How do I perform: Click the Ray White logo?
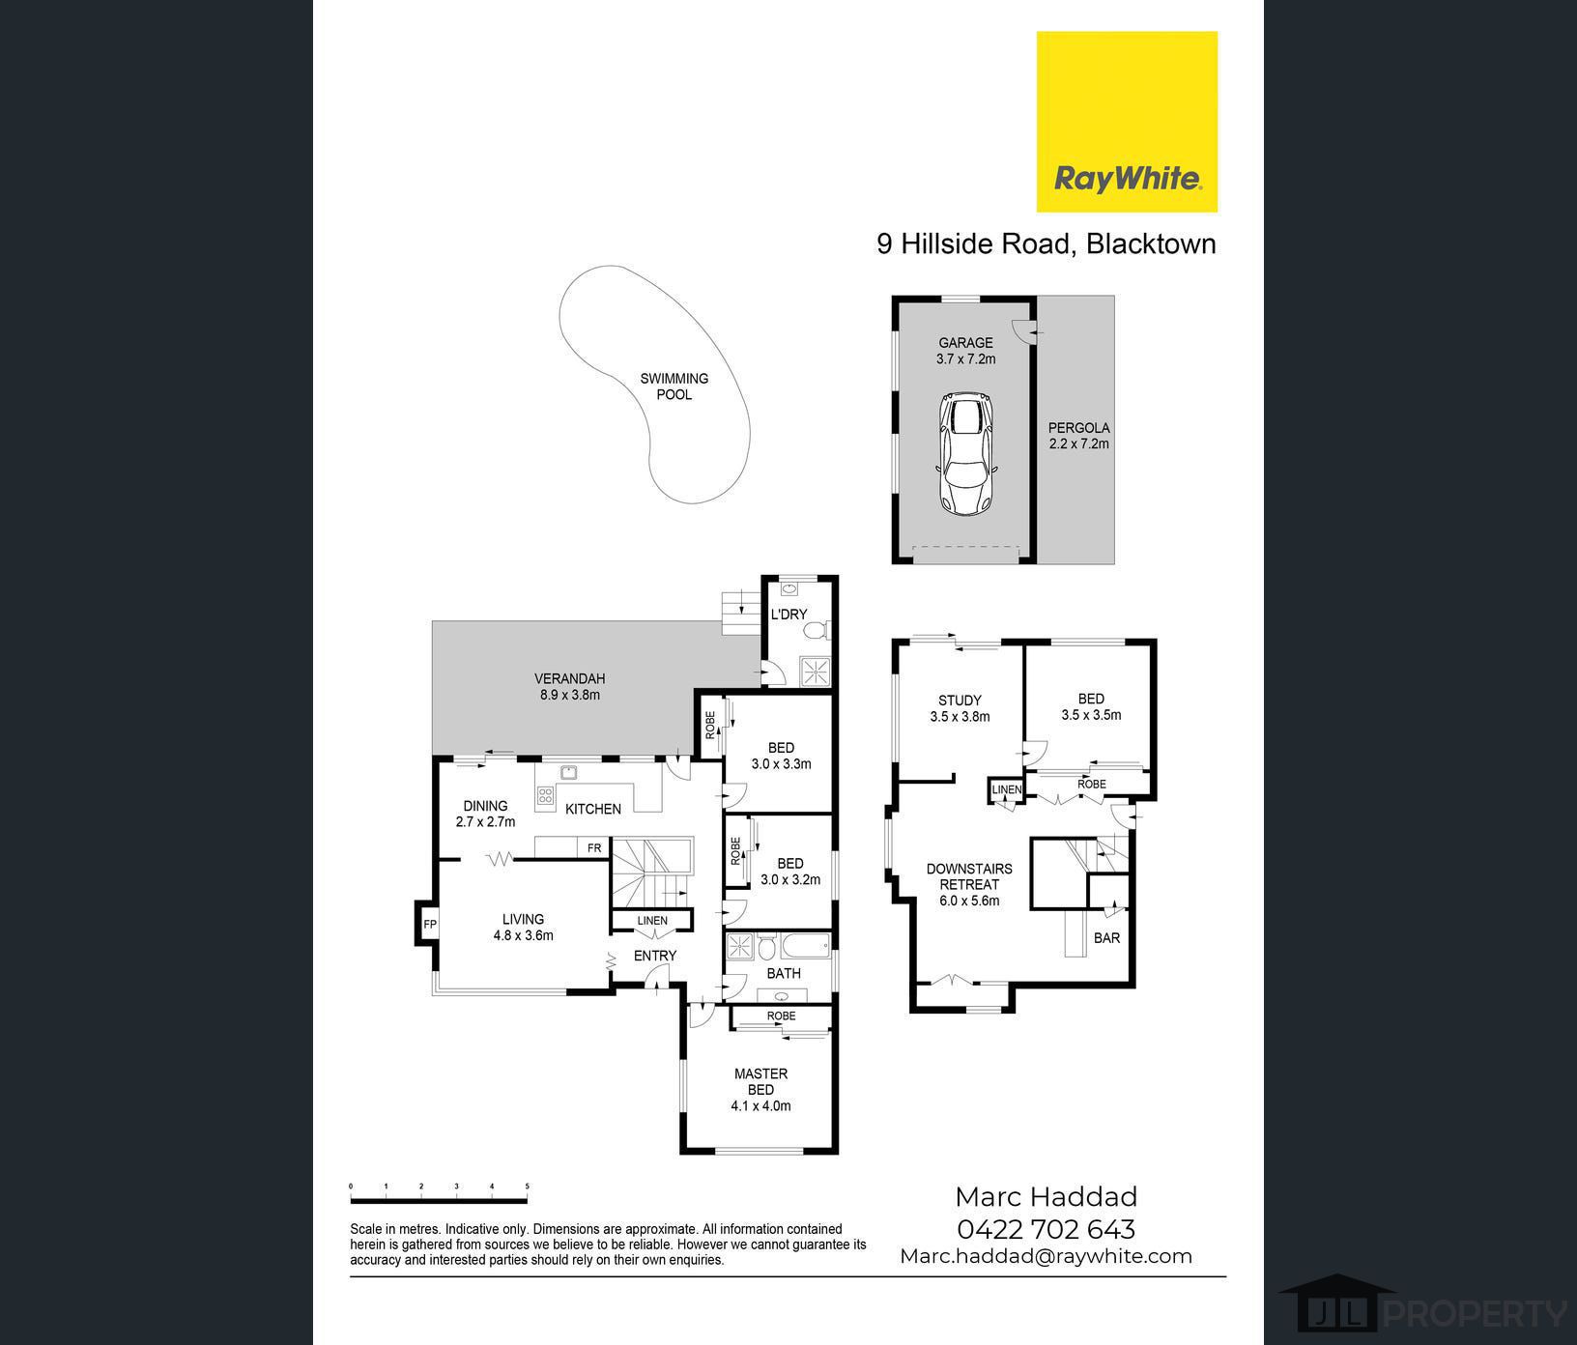coord(1127,122)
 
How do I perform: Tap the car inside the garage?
coord(966,453)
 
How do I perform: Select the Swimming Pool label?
coord(674,386)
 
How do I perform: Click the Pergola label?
coord(1079,436)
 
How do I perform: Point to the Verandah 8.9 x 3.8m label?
coord(570,687)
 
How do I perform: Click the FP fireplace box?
coord(430,925)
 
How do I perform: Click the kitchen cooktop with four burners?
coord(545,795)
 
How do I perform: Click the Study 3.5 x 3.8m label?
coord(960,708)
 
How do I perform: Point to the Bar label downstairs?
coord(1106,937)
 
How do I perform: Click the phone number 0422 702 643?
coord(1046,1229)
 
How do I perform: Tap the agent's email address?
coord(1046,1256)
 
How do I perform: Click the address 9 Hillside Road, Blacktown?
coord(1047,243)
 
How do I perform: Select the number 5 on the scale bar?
coord(528,1186)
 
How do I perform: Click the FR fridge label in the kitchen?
coord(594,848)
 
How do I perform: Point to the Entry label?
coord(655,956)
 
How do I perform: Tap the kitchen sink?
coord(569,771)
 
